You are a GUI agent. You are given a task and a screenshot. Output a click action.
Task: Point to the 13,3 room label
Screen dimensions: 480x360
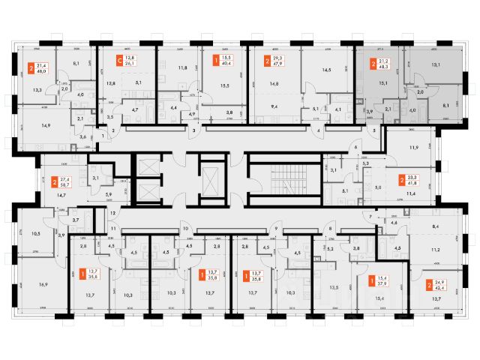[37, 91]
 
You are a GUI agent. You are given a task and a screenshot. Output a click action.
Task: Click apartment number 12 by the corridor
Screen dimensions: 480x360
[113, 214]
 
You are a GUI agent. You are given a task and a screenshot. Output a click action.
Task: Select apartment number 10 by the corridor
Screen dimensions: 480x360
[185, 228]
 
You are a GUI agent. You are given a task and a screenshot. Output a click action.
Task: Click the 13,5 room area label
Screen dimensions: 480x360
[334, 286]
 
